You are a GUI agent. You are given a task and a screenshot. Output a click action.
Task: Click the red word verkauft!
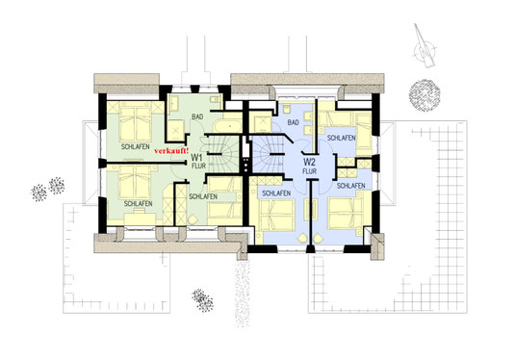click(171, 151)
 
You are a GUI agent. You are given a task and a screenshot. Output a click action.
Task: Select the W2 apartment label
click(309, 162)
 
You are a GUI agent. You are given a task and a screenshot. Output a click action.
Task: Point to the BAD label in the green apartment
click(197, 116)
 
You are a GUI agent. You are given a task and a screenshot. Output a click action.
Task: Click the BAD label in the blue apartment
click(293, 122)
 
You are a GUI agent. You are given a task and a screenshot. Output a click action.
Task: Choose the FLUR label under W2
click(310, 171)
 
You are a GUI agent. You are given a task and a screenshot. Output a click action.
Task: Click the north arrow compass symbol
click(425, 46)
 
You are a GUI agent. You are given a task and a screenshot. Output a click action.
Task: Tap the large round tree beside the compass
click(425, 95)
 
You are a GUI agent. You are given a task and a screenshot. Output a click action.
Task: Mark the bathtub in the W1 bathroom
click(228, 126)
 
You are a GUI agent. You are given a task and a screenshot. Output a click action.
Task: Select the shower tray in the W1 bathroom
click(176, 130)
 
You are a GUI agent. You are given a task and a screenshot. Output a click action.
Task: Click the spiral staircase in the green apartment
click(222, 154)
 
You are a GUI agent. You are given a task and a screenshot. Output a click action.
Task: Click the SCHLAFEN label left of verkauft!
click(136, 147)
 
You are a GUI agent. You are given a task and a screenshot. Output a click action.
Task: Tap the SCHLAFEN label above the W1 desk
click(138, 204)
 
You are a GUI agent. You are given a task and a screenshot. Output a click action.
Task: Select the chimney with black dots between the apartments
click(245, 164)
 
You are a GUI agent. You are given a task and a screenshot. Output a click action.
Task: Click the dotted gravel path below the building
click(243, 293)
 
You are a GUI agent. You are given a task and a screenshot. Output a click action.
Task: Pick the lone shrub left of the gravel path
click(202, 300)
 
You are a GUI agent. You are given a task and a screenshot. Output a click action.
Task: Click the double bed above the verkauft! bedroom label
click(135, 123)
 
